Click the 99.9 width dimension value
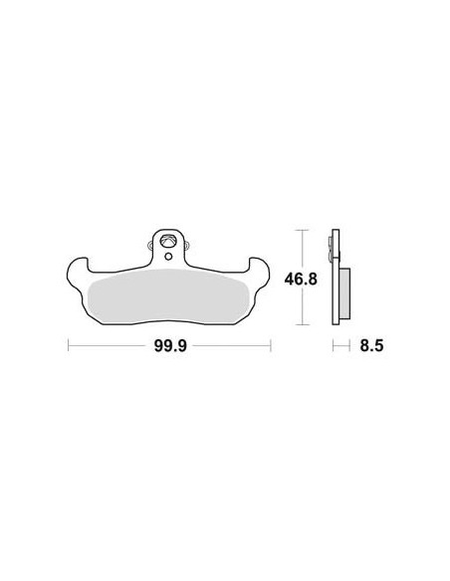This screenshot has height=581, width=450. click(x=170, y=346)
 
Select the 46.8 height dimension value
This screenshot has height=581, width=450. click(x=301, y=279)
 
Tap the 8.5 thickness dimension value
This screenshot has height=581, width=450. click(x=371, y=346)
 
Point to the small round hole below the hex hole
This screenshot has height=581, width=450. click(x=168, y=256)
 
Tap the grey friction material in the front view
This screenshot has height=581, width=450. click(x=168, y=295)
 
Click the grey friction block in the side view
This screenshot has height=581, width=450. click(x=344, y=293)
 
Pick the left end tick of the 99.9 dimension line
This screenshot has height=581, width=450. click(x=69, y=345)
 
